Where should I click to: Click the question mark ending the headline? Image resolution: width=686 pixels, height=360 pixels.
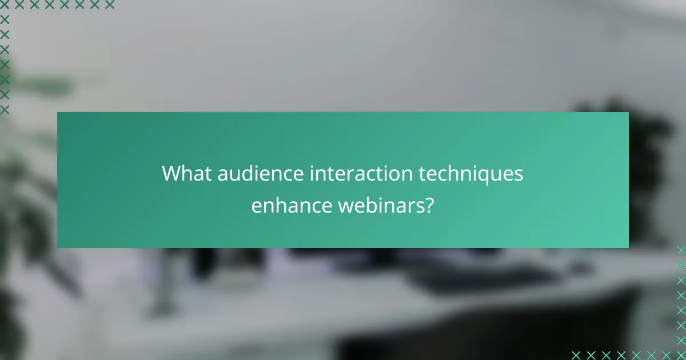[428, 205]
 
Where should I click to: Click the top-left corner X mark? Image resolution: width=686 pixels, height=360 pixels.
[5, 5]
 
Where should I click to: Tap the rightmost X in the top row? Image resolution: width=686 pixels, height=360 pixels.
[109, 5]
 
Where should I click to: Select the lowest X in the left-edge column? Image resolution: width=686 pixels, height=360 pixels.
[5, 109]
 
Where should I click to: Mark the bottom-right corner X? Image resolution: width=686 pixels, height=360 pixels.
[681, 355]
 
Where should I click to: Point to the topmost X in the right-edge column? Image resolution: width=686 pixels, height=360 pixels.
[681, 250]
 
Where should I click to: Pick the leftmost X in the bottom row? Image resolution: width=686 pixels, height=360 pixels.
[576, 355]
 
